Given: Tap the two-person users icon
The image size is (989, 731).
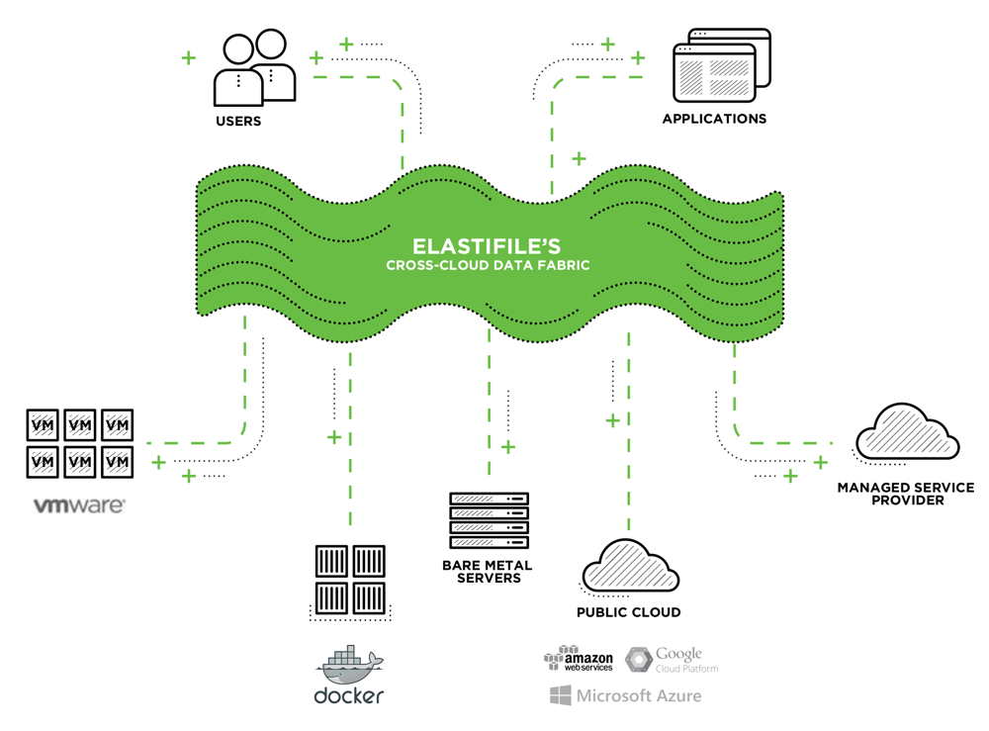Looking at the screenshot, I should click(254, 68).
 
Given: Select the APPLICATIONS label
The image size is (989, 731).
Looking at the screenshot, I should click(714, 119).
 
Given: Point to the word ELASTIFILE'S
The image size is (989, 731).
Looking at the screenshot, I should click(488, 243).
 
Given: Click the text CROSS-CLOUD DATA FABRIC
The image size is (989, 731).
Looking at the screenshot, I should click(488, 265).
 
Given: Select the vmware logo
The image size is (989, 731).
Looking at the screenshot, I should click(79, 505).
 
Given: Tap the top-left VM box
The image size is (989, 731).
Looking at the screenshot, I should click(43, 425).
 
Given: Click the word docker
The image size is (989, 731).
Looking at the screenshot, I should click(348, 695).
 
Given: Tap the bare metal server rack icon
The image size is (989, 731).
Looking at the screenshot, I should click(489, 520).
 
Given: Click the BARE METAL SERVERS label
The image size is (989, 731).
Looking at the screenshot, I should click(489, 571).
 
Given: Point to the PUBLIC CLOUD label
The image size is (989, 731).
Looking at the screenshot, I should click(628, 612).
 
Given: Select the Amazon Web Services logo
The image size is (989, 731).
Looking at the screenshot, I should click(579, 658).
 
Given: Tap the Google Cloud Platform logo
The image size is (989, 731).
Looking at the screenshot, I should click(672, 659).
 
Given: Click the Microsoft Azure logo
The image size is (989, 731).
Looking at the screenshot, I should click(625, 696).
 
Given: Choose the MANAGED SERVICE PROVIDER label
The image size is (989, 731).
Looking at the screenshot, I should click(904, 493).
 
